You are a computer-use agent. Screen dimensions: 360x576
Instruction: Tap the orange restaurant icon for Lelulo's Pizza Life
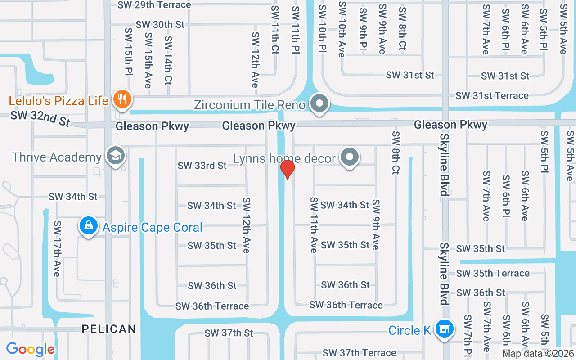(x=121, y=99)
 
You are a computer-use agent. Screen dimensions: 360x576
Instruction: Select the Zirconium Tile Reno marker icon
(x=319, y=103)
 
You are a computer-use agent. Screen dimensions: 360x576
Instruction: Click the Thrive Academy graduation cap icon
(x=116, y=156)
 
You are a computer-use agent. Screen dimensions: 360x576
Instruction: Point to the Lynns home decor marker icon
(x=350, y=157)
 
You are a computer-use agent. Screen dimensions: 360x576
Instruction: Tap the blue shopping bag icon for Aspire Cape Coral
(x=89, y=225)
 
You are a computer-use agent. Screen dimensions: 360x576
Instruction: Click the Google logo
(x=30, y=349)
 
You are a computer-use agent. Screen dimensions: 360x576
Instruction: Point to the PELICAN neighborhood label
(x=109, y=329)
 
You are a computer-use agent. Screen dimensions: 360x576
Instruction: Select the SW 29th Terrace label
(x=154, y=5)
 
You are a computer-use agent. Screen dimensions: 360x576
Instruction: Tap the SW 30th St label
(x=160, y=25)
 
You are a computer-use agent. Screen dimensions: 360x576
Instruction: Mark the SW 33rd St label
(x=202, y=166)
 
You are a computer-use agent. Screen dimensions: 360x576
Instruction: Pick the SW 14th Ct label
(x=168, y=60)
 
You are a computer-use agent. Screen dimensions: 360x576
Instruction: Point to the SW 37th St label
(x=229, y=333)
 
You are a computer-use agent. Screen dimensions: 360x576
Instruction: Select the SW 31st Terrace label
(x=492, y=95)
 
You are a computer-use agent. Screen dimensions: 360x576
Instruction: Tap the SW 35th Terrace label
(x=493, y=273)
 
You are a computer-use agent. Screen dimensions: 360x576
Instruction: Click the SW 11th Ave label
(x=314, y=225)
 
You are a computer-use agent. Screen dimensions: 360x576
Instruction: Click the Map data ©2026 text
(x=538, y=354)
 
